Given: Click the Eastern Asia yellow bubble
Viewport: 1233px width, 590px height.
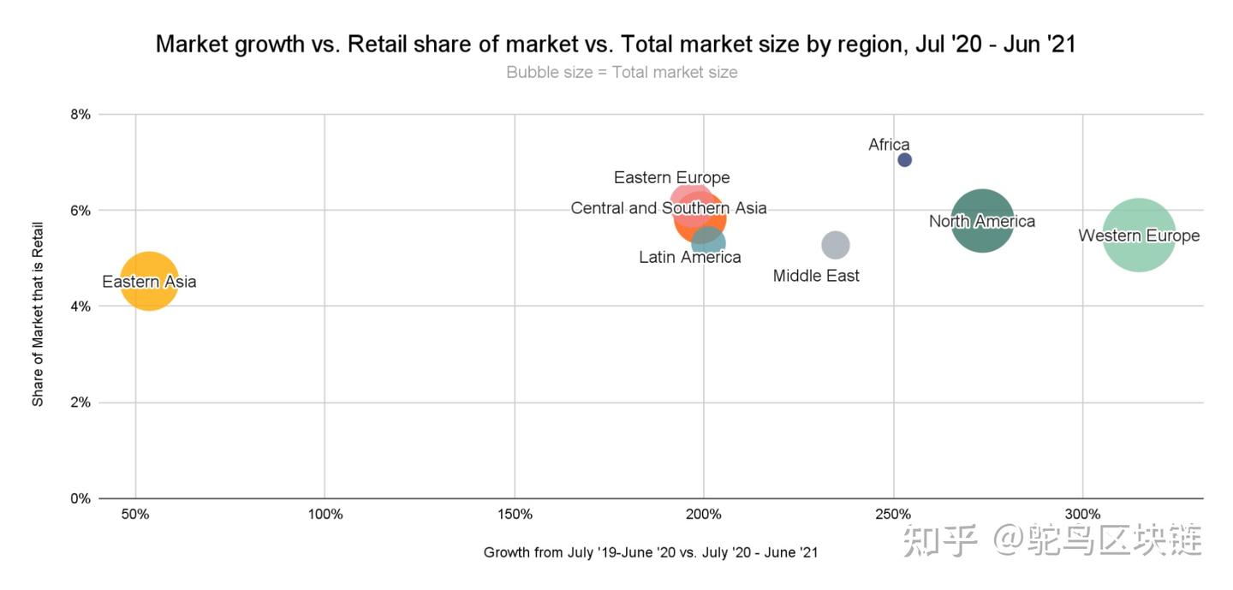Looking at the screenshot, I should [x=149, y=281].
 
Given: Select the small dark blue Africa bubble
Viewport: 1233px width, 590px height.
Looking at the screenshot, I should [x=904, y=160].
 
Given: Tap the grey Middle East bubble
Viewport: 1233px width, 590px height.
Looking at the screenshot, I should [x=835, y=245].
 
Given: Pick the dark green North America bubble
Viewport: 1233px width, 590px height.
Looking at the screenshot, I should [x=982, y=221].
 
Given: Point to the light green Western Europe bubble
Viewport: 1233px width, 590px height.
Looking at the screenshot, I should [x=1139, y=235].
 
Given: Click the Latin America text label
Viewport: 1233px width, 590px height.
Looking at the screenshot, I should [x=690, y=257].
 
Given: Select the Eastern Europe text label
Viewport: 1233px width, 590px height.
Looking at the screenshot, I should [x=672, y=178].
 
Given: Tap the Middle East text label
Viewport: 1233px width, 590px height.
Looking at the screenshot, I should [x=816, y=276].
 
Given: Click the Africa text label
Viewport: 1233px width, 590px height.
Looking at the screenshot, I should [x=889, y=145].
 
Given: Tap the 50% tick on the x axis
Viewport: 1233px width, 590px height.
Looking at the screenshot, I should [x=135, y=515].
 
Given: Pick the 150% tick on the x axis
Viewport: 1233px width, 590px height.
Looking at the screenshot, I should [x=515, y=515].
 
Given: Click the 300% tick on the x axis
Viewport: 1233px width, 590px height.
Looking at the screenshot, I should [x=1083, y=515].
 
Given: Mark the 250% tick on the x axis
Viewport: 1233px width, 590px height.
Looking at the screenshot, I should [x=893, y=515].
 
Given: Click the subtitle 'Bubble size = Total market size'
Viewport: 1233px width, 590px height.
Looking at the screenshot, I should [x=622, y=72].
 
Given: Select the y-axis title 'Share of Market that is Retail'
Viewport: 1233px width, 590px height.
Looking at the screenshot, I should [x=38, y=307].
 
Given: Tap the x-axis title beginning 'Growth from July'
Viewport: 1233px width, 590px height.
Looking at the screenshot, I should [x=651, y=552].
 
